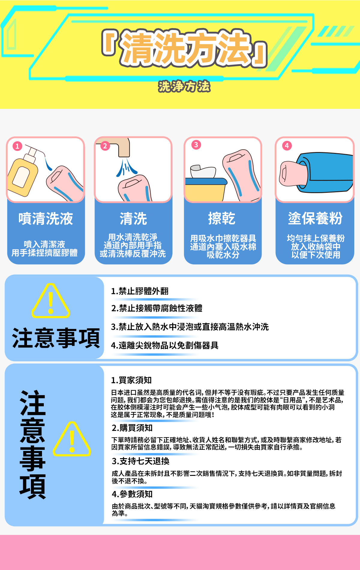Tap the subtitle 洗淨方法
coord(184,86)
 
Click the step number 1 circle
coord(17,146)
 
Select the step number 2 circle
coord(105,146)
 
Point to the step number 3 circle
coord(196,145)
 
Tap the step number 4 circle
coord(287,146)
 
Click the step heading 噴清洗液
coord(46,219)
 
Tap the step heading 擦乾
coord(222,218)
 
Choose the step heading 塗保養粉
coord(315,218)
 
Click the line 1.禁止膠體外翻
coord(140,291)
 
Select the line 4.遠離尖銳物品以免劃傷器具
coord(165,345)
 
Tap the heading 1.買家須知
coord(131,380)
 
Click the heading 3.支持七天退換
coord(141,461)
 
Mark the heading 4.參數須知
coord(132,494)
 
